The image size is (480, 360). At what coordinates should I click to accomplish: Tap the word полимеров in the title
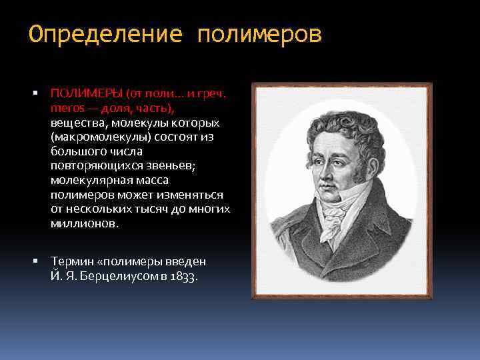tap(259, 34)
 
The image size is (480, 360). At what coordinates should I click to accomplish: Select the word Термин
tap(69, 261)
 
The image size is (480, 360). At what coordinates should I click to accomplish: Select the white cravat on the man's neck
tap(336, 213)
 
